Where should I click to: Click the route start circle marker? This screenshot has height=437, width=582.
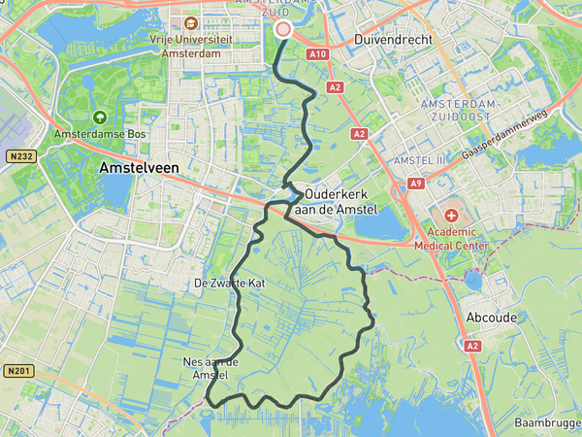click(x=283, y=30)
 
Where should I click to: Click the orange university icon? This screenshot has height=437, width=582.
click(x=190, y=22)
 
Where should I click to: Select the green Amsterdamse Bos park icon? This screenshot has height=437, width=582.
click(x=98, y=118)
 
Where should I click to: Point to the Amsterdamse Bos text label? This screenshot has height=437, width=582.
click(x=98, y=133)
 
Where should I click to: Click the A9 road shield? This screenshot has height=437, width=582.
click(x=416, y=183)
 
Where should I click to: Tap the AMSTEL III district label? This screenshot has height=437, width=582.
click(x=419, y=159)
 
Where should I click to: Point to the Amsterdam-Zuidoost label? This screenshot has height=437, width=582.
click(x=461, y=109)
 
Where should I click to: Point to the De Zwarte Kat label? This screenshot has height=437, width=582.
click(x=229, y=283)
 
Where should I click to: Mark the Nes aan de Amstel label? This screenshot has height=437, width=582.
click(x=210, y=368)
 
